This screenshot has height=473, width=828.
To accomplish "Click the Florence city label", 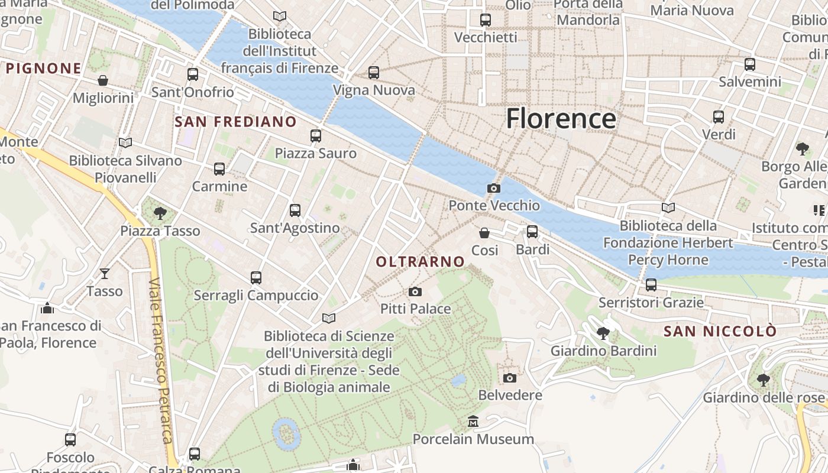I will (561, 118).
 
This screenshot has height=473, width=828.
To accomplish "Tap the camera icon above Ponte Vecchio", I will (493, 188).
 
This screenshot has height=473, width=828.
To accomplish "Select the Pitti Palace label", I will (415, 309).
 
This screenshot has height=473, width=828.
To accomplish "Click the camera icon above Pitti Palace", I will (415, 291).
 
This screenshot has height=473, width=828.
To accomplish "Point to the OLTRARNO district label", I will (421, 261).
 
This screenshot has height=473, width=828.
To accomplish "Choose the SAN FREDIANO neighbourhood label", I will (236, 122).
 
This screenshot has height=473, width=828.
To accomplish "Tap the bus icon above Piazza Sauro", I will (316, 136).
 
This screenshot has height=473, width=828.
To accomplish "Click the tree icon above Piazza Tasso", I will (160, 213).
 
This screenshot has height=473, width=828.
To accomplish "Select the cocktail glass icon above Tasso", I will (105, 273).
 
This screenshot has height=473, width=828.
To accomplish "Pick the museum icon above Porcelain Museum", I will (473, 422).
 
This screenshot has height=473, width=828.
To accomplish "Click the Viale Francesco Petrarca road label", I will (161, 361).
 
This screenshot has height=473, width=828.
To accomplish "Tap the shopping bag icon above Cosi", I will (484, 233).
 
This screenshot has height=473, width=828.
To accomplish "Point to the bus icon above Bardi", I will (532, 232).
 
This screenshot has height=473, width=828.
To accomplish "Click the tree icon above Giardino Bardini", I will (603, 333).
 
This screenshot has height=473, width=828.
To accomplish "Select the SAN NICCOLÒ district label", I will (719, 331).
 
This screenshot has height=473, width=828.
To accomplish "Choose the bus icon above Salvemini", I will (750, 64).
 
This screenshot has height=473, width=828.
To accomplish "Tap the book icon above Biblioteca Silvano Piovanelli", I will (125, 142).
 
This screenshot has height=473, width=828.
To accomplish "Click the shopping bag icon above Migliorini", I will (103, 80).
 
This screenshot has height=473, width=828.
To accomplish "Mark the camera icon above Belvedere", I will (510, 378).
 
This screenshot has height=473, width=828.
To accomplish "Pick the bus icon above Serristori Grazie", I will (651, 285).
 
